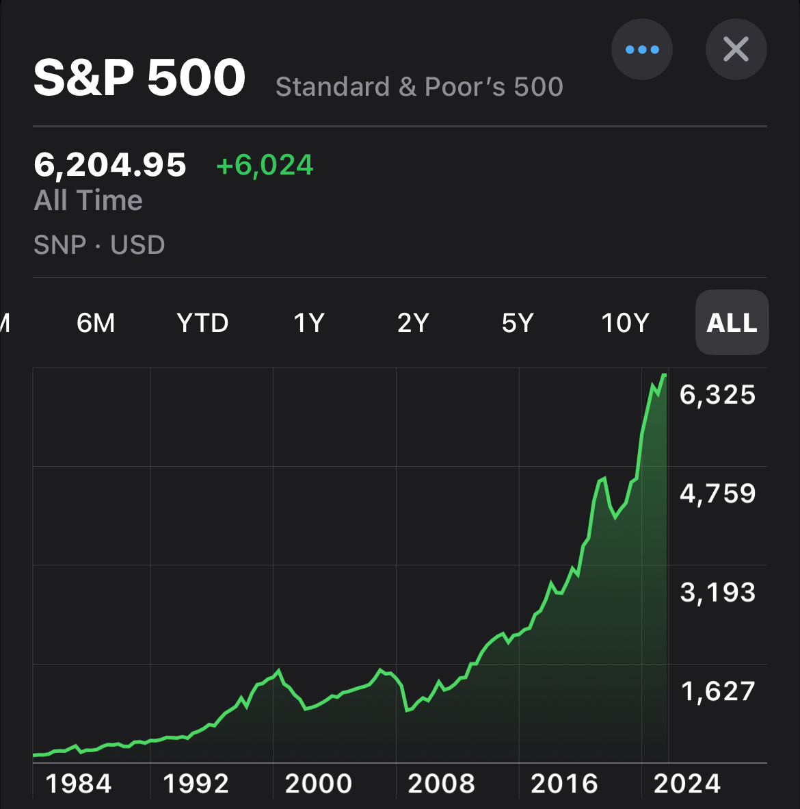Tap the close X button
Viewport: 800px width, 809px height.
[736, 49]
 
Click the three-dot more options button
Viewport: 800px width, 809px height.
[641, 49]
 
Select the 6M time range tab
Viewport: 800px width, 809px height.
[96, 322]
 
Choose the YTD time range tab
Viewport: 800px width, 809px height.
[202, 322]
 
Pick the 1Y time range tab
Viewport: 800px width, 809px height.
[308, 322]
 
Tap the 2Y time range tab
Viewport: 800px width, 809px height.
[413, 322]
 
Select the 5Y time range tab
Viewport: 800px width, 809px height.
[518, 322]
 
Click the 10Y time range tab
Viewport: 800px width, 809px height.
[624, 322]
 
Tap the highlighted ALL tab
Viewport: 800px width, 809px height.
[732, 322]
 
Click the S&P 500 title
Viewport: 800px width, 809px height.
[139, 77]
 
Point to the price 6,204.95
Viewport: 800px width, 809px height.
[110, 165]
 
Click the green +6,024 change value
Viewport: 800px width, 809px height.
[265, 165]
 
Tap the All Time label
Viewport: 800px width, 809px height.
[88, 201]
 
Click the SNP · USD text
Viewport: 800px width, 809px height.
[99, 244]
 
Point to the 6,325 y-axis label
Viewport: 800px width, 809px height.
[717, 395]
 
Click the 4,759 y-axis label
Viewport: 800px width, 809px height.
[717, 493]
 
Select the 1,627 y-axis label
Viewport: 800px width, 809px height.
[717, 691]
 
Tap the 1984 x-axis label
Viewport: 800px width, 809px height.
[79, 784]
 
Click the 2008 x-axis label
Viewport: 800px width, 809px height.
[441, 784]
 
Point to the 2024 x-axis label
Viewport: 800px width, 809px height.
[686, 784]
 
